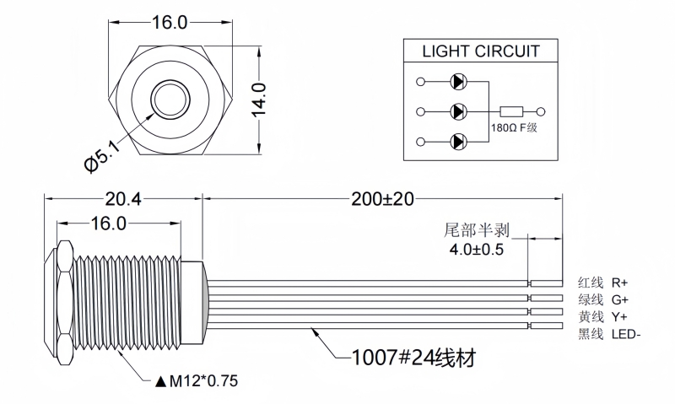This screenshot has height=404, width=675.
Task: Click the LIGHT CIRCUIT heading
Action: (481, 51)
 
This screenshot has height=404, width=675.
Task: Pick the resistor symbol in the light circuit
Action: (512, 110)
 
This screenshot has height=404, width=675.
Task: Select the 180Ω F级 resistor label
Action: (514, 128)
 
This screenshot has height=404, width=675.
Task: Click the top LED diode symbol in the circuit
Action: (458, 82)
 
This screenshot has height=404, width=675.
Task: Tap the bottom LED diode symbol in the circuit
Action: (458, 140)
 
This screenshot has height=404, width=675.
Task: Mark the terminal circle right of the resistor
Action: (542, 110)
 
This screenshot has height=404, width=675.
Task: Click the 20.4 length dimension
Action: (122, 199)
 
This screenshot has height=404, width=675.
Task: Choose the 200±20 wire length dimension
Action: (383, 199)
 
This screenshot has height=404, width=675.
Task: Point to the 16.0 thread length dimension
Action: (109, 224)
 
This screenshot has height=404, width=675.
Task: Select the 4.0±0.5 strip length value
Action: (476, 250)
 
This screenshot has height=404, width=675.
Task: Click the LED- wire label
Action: (626, 335)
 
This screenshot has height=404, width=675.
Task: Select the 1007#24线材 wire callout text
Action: (413, 358)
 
